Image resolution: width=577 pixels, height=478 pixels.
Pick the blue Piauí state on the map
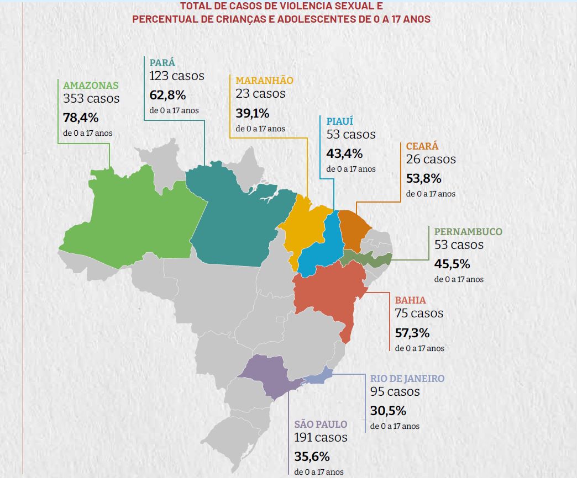point(323,243)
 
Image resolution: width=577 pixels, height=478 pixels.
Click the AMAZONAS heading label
point(91,86)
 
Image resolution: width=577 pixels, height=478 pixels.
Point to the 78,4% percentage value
point(81,117)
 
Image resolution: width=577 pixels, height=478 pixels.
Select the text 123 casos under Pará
point(176,76)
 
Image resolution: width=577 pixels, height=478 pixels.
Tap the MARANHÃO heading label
point(264,80)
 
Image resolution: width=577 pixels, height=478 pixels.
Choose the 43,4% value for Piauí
point(344,153)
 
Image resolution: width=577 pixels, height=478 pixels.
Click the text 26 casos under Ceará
point(431,159)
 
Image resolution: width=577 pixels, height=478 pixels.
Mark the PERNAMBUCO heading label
point(468,232)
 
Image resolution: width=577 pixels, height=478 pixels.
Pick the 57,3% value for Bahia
point(412,333)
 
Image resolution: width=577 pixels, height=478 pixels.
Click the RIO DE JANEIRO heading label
point(407,379)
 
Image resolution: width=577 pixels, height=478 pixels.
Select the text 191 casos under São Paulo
point(321,437)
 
